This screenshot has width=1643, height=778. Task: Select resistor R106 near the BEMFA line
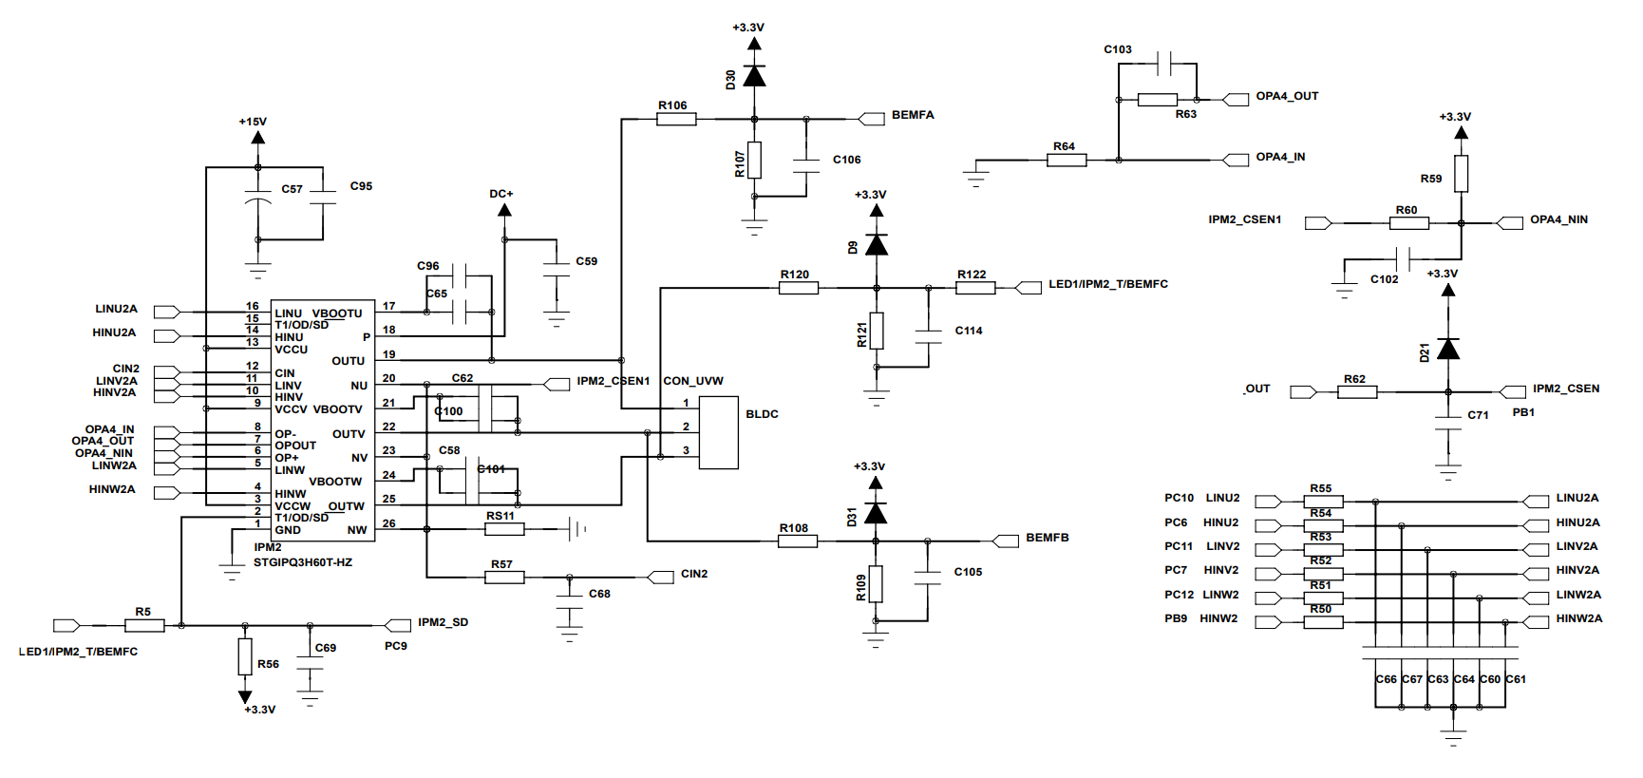[676, 119]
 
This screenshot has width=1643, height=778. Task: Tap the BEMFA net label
[912, 115]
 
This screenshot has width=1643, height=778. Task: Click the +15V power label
[253, 122]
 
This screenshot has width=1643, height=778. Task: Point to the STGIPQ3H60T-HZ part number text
[303, 562]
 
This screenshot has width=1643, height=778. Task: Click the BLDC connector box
[719, 432]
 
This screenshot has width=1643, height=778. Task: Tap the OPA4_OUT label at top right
[1287, 96]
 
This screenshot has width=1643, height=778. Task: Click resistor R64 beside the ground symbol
[1067, 160]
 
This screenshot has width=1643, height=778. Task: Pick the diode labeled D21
[1447, 350]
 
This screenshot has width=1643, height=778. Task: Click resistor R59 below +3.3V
[1461, 174]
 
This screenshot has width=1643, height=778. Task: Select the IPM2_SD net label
[443, 622]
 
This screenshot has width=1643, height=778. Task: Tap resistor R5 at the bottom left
[144, 625]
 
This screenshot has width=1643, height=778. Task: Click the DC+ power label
[501, 194]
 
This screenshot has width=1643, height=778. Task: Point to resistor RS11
[504, 529]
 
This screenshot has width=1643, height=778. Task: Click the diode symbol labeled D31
[876, 514]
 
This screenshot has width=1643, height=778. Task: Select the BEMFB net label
[1047, 538]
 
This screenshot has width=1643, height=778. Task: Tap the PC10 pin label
[1179, 498]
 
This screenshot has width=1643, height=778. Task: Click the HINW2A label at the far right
[1578, 618]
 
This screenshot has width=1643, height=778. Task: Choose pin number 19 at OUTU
[389, 354]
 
